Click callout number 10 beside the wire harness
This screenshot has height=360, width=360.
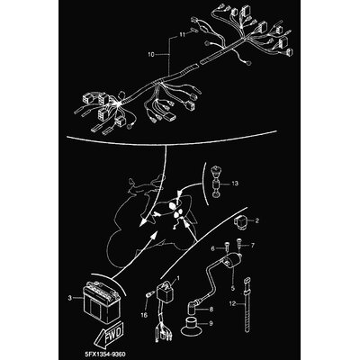pyautogui.click(x=151, y=55)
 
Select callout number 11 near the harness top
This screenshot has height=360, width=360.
pyautogui.click(x=183, y=35)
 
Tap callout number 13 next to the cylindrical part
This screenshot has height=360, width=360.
pyautogui.click(x=235, y=183)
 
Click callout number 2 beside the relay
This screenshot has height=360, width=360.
pyautogui.click(x=256, y=221)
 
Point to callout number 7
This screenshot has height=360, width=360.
pyautogui.click(x=252, y=246)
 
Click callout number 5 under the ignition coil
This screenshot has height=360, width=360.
pyautogui.click(x=232, y=289)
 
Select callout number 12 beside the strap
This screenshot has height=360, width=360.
pyautogui.click(x=232, y=303)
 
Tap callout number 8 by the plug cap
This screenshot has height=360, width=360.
pyautogui.click(x=211, y=308)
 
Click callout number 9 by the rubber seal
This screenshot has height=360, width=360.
pyautogui.click(x=211, y=324)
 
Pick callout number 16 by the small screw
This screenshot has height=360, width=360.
pyautogui.click(x=145, y=315)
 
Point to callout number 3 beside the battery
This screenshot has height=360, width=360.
pyautogui.click(x=70, y=298)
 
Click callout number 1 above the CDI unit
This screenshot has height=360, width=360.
pyautogui.click(x=178, y=278)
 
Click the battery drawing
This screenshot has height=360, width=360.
pyautogui.click(x=102, y=303)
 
